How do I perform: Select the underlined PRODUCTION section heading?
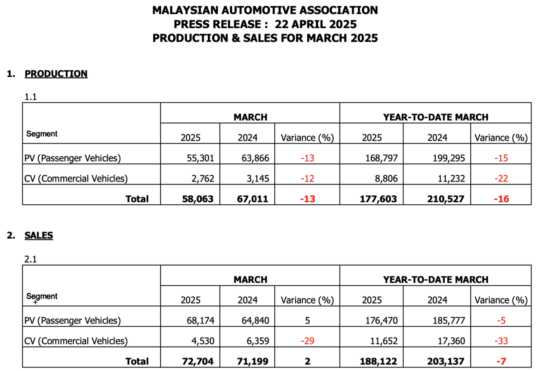[56, 74]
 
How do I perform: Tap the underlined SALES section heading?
[39, 236]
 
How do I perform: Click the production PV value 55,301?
[201, 158]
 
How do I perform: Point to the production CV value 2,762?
[203, 179]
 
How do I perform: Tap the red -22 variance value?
[501, 179]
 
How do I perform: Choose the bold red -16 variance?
[501, 199]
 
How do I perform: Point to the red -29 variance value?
[307, 341]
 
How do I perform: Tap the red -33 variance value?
[501, 341]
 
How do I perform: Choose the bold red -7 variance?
[501, 361]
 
